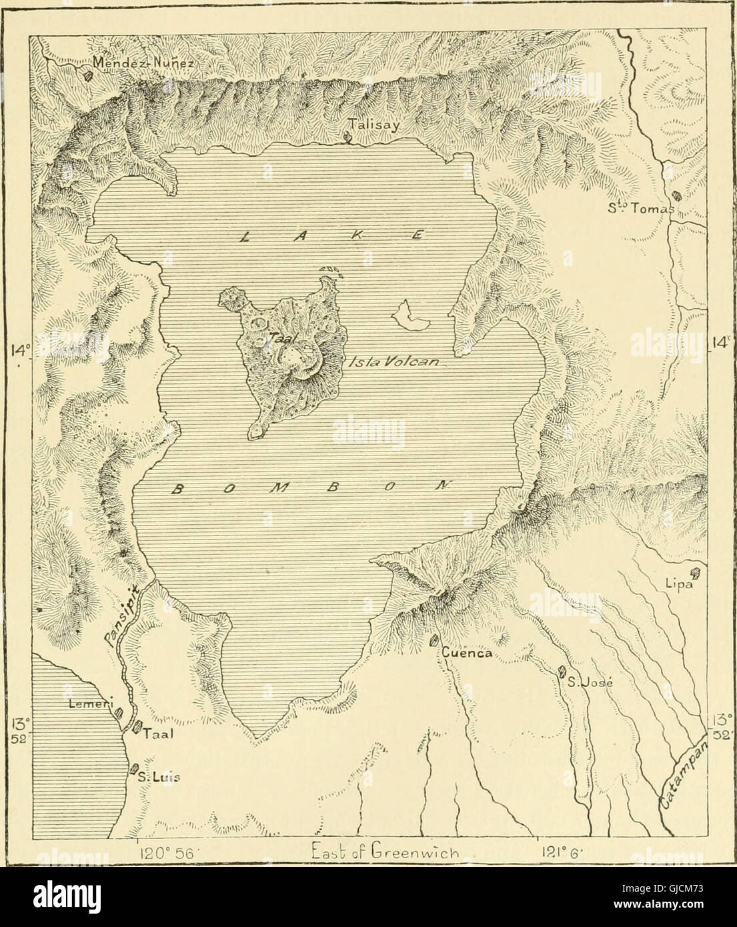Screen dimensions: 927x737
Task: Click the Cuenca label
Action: pos(467,654)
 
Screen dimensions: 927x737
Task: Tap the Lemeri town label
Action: pos(89,703)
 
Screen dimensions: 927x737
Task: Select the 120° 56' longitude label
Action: pos(162,853)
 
